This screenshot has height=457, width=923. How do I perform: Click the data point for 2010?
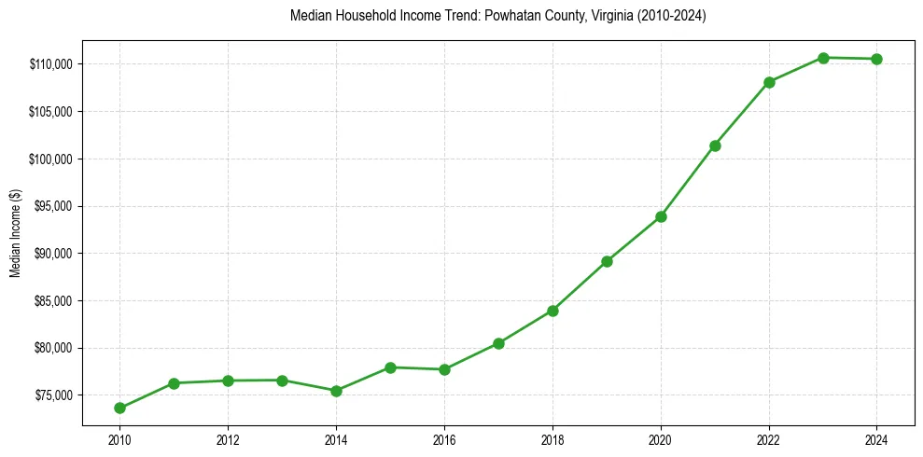[119, 408]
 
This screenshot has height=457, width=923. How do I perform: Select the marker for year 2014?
[336, 391]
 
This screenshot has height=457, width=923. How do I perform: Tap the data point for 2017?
[498, 343]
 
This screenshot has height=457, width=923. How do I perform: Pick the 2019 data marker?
[607, 261]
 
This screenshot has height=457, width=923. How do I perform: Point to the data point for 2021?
[715, 145]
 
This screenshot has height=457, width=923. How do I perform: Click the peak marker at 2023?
[823, 58]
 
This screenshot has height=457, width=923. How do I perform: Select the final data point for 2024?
[877, 59]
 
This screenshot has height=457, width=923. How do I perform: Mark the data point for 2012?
[228, 381]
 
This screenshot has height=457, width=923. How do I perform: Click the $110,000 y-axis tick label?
[52, 64]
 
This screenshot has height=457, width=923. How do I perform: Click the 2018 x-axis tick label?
[552, 438]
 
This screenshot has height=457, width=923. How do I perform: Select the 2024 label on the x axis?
[877, 438]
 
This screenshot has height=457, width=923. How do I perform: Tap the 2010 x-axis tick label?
[119, 438]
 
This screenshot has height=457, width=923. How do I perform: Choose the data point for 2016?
[444, 369]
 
